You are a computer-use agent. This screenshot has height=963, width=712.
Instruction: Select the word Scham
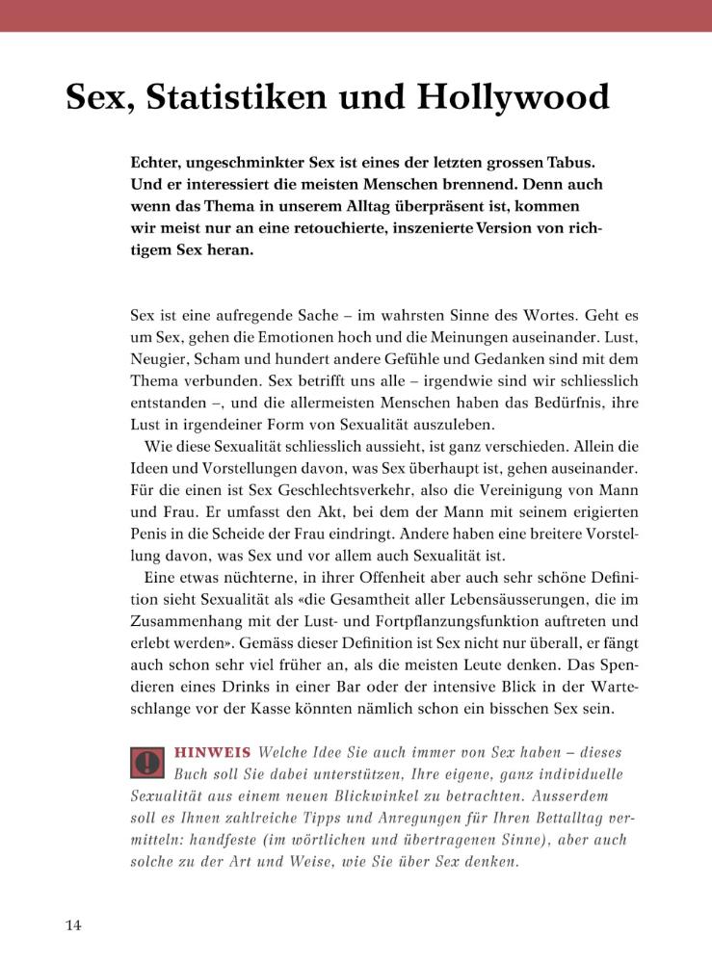pyautogui.click(x=223, y=358)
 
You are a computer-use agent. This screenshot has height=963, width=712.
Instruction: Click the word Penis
pyautogui.click(x=150, y=534)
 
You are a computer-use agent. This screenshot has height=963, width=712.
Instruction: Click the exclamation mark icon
pyautogui.click(x=147, y=763)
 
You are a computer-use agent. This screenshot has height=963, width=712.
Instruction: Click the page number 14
pyautogui.click(x=73, y=925)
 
